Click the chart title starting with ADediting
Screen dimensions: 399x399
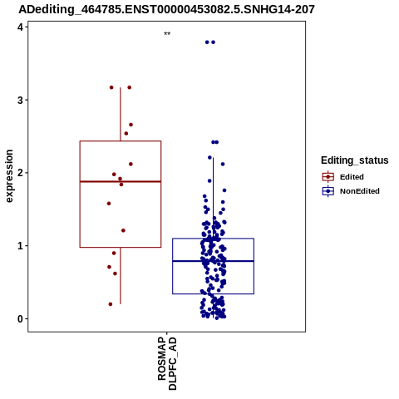coord(166,9)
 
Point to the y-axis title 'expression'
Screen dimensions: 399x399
coord(9,176)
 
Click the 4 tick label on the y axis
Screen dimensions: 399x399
coord(20,27)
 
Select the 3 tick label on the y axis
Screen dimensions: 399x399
coord(20,100)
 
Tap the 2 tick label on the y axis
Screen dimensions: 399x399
coord(20,173)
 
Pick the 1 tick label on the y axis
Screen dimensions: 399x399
coord(20,246)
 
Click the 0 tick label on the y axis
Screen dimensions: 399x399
coord(20,319)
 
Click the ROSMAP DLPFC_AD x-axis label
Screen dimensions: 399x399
coord(167,363)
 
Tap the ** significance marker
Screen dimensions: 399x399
coord(167,33)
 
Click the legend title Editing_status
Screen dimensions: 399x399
coord(355,160)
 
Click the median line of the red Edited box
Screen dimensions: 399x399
coord(121,181)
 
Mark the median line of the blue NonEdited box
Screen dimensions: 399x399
coord(213,261)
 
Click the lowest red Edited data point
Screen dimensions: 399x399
coord(111,304)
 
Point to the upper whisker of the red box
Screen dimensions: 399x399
coord(121,114)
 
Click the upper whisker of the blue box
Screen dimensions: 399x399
coord(213,198)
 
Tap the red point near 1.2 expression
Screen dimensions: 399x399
coord(123,230)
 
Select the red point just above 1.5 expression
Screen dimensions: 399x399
coord(109,204)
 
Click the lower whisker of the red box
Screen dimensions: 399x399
coord(121,276)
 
